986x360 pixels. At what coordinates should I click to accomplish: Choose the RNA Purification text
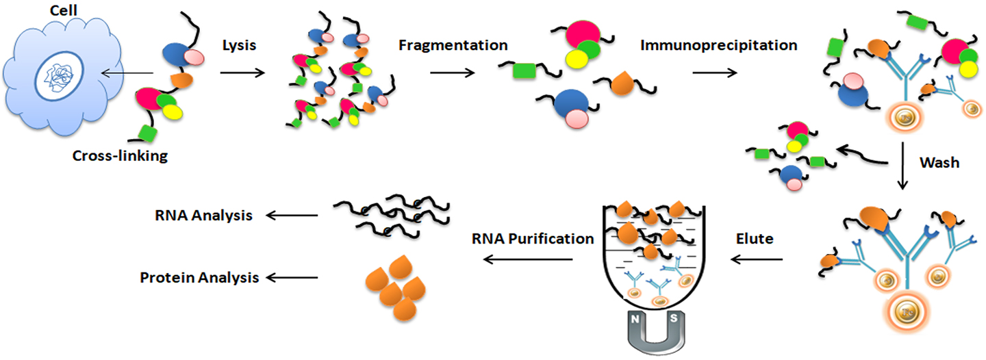[531, 239]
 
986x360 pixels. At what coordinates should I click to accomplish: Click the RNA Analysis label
[203, 216]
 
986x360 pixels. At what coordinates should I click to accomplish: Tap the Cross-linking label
[120, 156]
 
